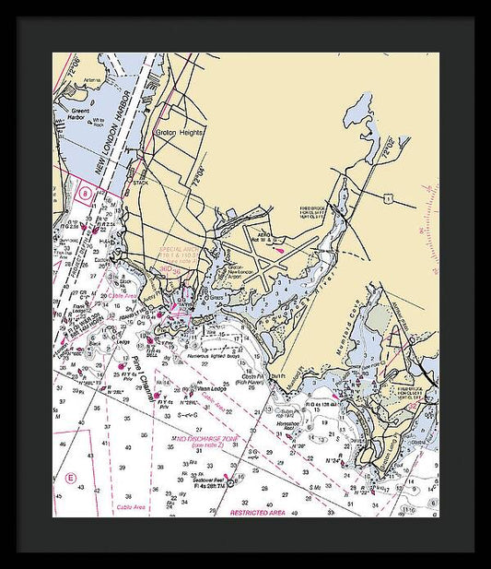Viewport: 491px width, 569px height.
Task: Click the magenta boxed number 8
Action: [85, 195]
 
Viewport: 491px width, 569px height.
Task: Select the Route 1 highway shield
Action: [390, 197]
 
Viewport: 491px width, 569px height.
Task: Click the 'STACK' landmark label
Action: [141, 183]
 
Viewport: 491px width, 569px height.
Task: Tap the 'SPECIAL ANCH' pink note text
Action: [177, 249]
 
